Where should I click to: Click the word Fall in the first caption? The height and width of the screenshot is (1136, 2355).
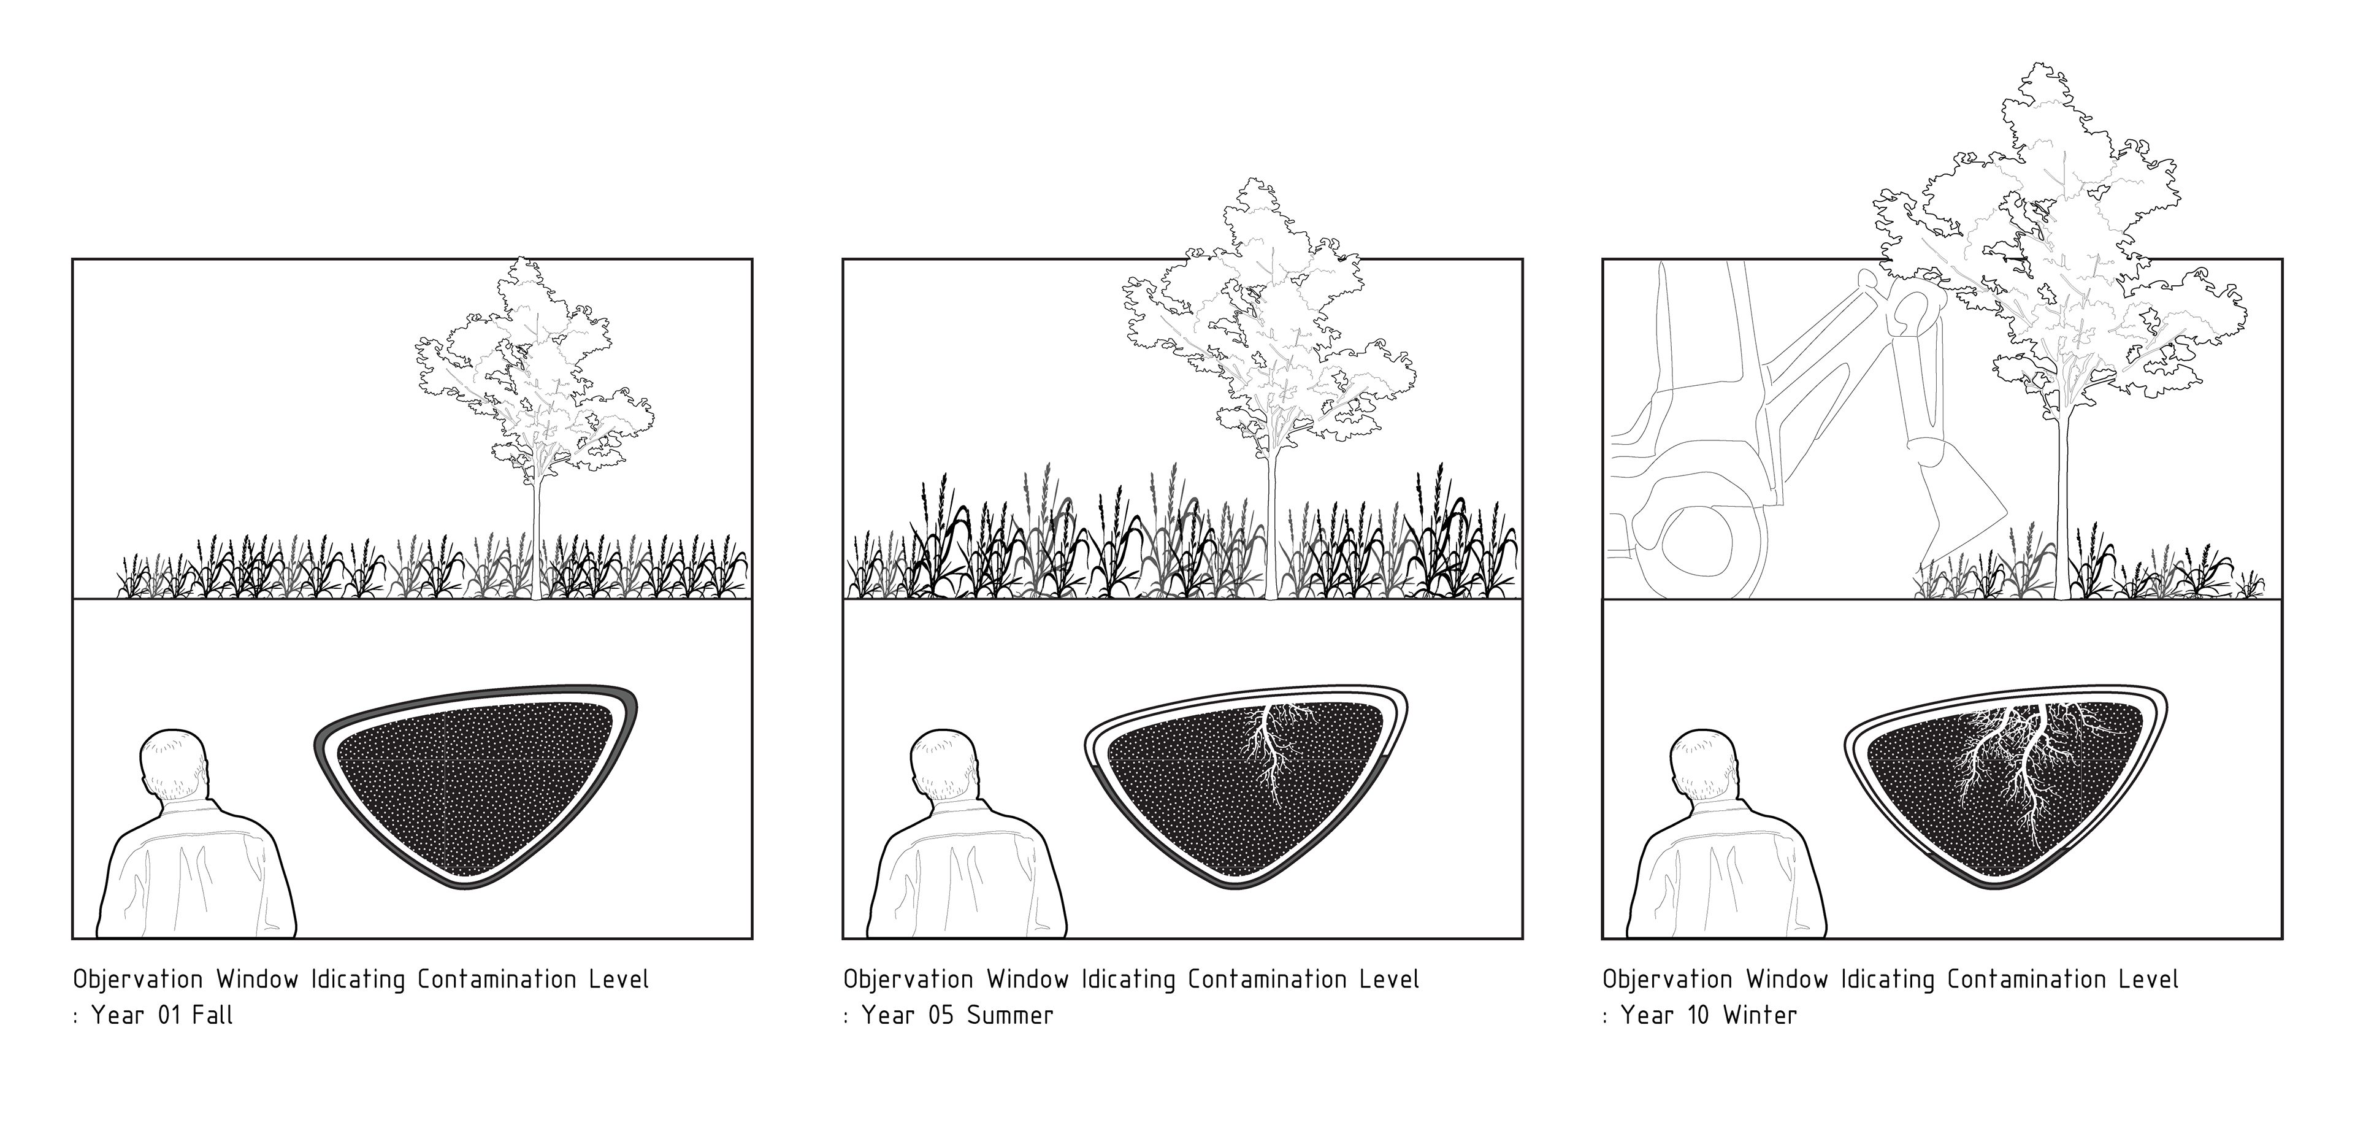(212, 1015)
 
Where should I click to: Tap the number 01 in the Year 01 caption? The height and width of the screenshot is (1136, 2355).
(170, 1015)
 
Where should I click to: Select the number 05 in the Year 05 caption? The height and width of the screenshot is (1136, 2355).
(940, 1015)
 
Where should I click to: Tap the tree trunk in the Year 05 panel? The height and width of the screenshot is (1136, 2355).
(1270, 531)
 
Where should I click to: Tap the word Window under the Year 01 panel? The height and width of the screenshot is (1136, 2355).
(257, 980)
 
